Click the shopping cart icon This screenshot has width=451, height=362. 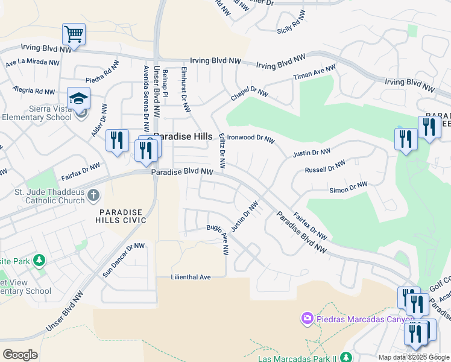(x=74, y=34)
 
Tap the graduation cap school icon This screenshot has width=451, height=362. (x=78, y=98)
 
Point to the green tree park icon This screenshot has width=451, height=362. (x=39, y=261)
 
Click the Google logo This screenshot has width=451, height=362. (x=20, y=355)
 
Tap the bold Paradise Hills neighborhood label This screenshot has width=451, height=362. (x=182, y=137)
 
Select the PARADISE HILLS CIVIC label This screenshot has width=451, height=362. (x=123, y=216)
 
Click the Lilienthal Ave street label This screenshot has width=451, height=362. (x=190, y=277)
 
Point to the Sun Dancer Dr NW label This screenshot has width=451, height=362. (x=124, y=260)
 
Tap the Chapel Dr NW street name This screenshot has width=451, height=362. (x=249, y=94)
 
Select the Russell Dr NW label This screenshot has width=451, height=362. (x=325, y=167)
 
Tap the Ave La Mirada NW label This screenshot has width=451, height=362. (x=33, y=62)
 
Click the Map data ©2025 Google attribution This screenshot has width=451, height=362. (x=414, y=357)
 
